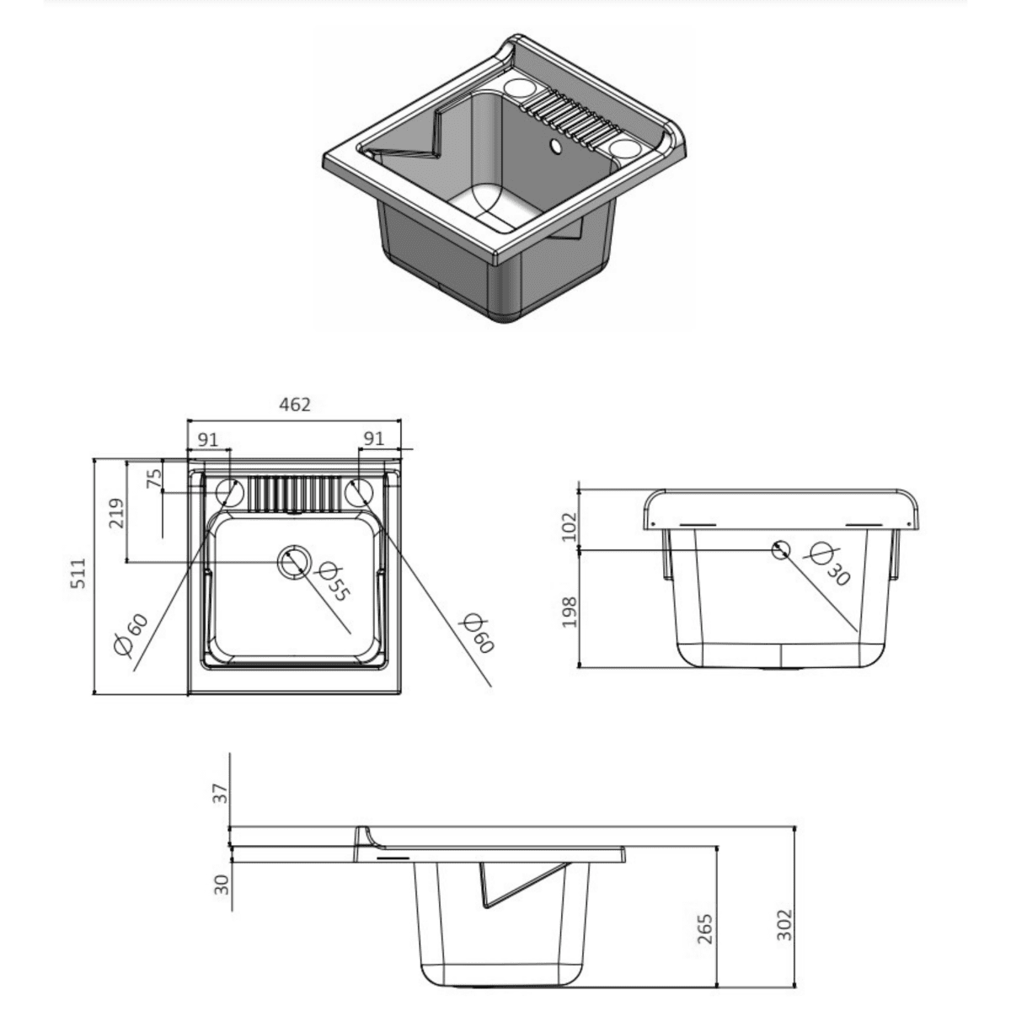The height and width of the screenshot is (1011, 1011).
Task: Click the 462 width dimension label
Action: (294, 404)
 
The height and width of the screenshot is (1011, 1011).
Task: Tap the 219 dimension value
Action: (116, 511)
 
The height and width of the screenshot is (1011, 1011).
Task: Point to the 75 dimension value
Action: (154, 479)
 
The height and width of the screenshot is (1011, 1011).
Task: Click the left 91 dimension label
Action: (207, 439)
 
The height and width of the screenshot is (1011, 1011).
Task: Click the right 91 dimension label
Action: (373, 439)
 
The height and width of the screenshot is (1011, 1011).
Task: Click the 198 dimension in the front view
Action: (569, 612)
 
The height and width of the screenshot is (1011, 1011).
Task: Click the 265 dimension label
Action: (706, 928)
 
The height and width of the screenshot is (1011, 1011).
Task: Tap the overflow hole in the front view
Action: (781, 549)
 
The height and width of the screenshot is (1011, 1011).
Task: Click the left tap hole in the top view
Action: (228, 492)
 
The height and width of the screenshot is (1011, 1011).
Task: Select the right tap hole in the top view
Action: (360, 492)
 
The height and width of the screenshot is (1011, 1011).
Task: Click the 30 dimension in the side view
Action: (221, 884)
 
